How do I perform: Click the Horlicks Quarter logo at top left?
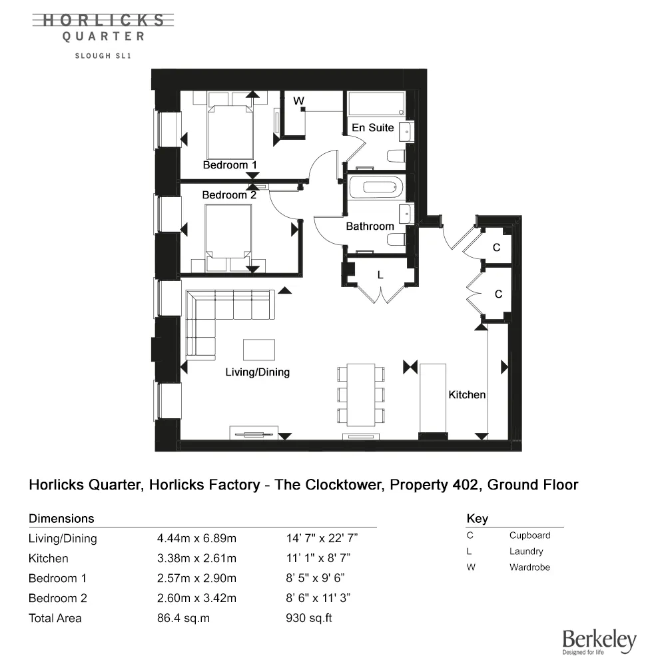(103, 28)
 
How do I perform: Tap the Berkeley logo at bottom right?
(599, 642)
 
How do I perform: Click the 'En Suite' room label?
(373, 127)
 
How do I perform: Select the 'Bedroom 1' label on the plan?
(230, 165)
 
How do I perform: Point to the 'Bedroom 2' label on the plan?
(229, 195)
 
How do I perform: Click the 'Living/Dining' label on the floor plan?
(258, 372)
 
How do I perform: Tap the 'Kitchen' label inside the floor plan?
(467, 395)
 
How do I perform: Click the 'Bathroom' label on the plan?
(370, 226)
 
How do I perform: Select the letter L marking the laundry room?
(380, 274)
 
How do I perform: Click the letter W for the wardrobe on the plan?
(299, 101)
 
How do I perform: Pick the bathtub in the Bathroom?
(377, 188)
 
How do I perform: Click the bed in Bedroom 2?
(229, 233)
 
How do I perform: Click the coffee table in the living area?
(259, 350)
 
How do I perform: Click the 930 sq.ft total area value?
(308, 618)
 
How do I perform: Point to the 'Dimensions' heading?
(61, 518)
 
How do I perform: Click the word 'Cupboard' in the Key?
(529, 535)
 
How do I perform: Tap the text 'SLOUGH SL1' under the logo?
(103, 56)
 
